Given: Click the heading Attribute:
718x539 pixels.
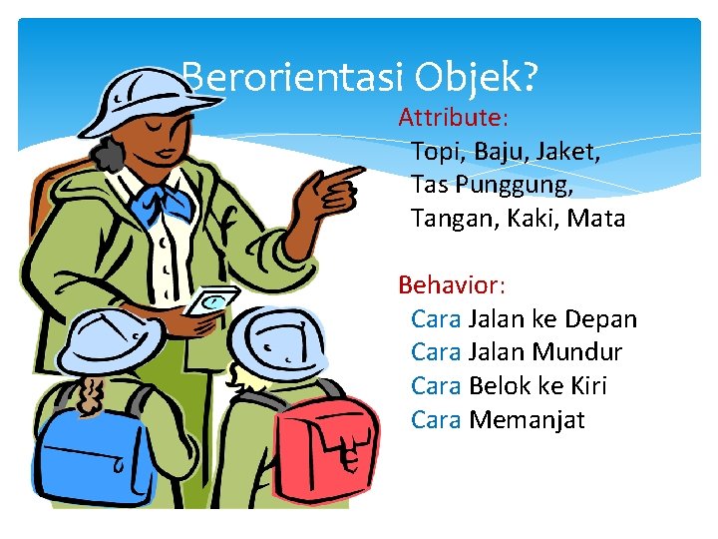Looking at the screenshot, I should click(454, 118).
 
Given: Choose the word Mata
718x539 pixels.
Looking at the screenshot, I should click(595, 219).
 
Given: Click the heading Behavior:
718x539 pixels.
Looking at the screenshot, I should click(452, 285).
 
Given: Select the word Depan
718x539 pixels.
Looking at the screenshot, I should click(600, 319).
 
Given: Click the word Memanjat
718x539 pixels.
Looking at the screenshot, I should click(527, 420).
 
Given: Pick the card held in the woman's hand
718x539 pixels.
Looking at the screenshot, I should click(216, 301).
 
